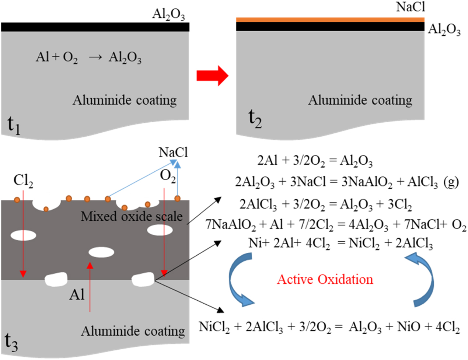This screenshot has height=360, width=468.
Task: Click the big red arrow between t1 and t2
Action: pyautogui.click(x=212, y=76)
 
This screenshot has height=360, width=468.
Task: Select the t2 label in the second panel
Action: pyautogui.click(x=255, y=118)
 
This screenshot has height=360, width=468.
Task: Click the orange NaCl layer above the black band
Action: pyautogui.click(x=330, y=20)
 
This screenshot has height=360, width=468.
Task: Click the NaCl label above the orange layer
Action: pyautogui.click(x=410, y=7)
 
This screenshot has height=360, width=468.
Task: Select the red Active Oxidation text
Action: pyautogui.click(x=325, y=279)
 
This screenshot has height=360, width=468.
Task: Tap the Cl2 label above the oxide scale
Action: pyautogui.click(x=23, y=181)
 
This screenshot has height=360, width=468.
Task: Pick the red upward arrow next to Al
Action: pyautogui.click(x=90, y=287)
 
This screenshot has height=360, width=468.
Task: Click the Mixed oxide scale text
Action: pyautogui.click(x=132, y=216)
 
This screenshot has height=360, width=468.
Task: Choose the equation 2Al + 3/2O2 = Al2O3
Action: pyautogui.click(x=315, y=161)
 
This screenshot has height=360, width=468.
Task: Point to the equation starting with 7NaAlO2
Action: pyautogui.click(x=335, y=224)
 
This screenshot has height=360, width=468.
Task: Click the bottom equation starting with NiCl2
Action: pyautogui.click(x=329, y=327)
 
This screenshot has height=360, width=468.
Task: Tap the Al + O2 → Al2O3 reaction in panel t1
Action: pyautogui.click(x=88, y=57)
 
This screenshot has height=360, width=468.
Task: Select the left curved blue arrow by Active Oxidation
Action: pyautogui.click(x=238, y=280)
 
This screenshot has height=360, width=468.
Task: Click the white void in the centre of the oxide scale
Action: pyautogui.click(x=101, y=252)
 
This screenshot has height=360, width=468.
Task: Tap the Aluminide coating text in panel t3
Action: pyautogui.click(x=133, y=331)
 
